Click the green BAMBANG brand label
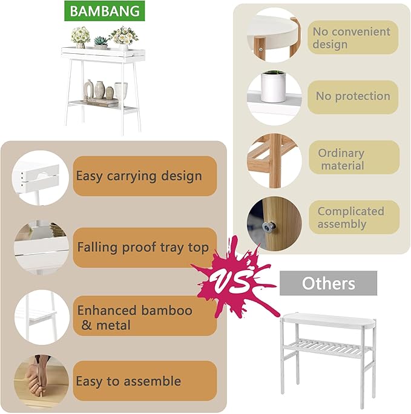point(102,11)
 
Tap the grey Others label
point(328,283)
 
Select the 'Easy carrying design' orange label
point(145,176)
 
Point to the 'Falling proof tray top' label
point(145,248)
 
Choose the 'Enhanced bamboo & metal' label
point(145,317)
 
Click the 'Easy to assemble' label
point(145,381)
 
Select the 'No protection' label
point(353,96)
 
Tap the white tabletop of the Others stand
point(327,319)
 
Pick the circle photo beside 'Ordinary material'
point(274,160)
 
